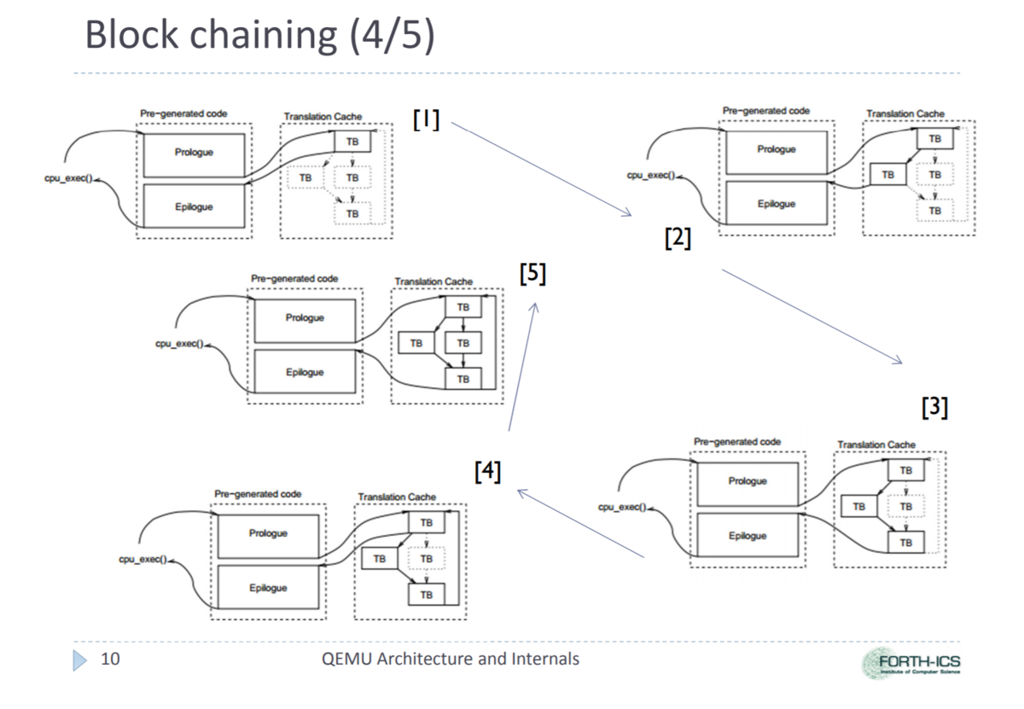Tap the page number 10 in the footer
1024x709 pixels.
pos(109,659)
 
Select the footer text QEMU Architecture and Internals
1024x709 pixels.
pos(446,659)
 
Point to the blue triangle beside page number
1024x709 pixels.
pos(80,659)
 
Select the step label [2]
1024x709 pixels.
pos(678,238)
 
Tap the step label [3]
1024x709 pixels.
pos(934,408)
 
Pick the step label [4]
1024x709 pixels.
pos(487,471)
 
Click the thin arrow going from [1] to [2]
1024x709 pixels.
pos(540,169)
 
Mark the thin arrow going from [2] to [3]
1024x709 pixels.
pos(811,317)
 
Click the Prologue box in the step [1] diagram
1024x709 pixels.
pos(193,154)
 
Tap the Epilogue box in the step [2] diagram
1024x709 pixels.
pos(776,204)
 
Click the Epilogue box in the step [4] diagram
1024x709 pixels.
pos(268,588)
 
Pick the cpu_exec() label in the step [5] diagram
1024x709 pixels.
pos(176,346)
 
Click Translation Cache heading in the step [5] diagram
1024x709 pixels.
pos(433,282)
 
